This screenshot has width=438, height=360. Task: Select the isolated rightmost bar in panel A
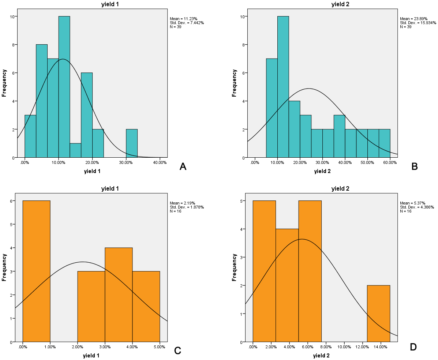coord(132,143)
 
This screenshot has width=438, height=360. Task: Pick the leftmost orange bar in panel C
coord(36,271)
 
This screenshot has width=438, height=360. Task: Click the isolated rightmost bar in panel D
coord(378,314)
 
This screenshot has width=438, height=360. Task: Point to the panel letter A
coord(183,167)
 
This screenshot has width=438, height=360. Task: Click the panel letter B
coord(414,166)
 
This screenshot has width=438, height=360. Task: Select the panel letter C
coord(178,350)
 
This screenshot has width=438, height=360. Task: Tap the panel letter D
coord(413,347)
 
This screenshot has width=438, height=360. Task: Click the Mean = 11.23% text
coord(184,19)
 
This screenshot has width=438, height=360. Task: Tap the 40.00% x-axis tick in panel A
coord(160,162)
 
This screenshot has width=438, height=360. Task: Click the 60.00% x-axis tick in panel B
coord(390,162)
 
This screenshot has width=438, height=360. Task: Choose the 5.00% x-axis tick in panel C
coord(160,347)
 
